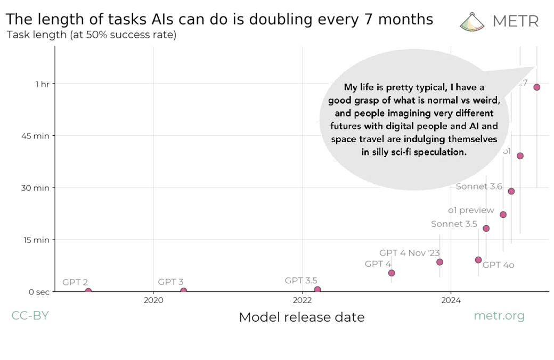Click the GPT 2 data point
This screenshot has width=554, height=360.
click(x=88, y=291)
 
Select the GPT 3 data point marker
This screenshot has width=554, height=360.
click(x=184, y=291)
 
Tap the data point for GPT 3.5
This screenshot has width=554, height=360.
click(x=317, y=290)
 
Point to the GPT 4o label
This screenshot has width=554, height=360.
click(x=498, y=265)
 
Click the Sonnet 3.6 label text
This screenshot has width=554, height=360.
click(x=479, y=186)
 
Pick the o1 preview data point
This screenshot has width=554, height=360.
click(x=503, y=215)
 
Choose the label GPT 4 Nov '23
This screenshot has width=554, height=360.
click(x=409, y=253)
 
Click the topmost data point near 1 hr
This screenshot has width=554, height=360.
click(x=537, y=87)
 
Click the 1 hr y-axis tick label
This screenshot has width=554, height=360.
click(x=42, y=84)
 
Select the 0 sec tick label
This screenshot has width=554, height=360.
click(x=36, y=292)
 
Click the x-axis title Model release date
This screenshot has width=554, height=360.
click(x=302, y=317)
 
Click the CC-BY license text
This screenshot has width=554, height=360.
click(x=30, y=315)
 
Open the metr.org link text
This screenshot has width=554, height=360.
click(x=499, y=316)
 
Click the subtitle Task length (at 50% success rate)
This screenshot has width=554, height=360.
click(x=91, y=35)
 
